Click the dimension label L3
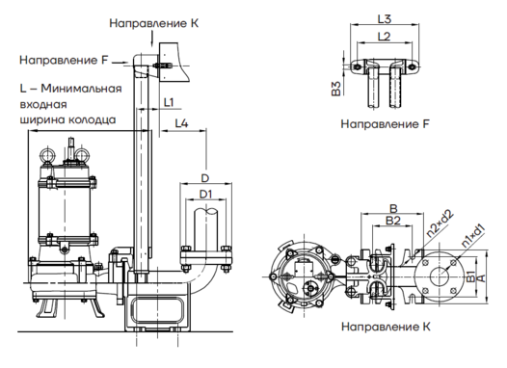385,19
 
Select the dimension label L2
385,37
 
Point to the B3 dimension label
336,89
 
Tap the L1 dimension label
169,102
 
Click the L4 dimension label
182,123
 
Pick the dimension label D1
205,195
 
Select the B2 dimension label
393,221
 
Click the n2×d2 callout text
440,223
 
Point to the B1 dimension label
471,277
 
